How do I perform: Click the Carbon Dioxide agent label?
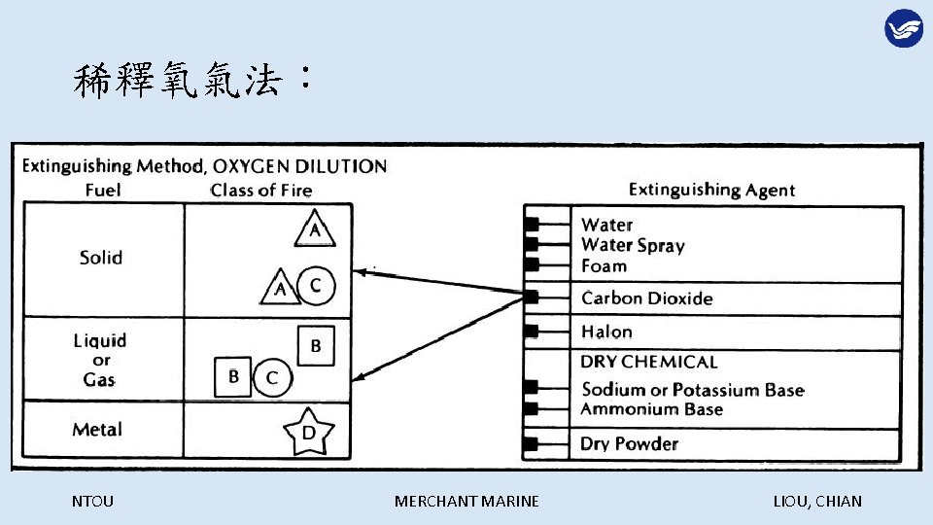646,298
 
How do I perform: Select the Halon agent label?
606,332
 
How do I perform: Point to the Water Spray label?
633,245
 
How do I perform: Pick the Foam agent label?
604,265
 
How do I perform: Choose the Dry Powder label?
629,444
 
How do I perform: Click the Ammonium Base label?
651,409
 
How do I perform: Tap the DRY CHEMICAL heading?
648,362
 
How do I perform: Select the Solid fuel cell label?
101,258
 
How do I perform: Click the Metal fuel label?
97,430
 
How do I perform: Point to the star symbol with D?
308,434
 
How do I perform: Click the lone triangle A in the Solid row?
315,229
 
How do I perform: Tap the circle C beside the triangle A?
316,286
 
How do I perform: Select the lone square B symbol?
316,345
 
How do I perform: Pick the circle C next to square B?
272,377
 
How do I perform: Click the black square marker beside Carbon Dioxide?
532,297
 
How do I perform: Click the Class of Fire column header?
261,191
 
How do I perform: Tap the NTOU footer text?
92,502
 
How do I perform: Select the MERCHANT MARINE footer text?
466,502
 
